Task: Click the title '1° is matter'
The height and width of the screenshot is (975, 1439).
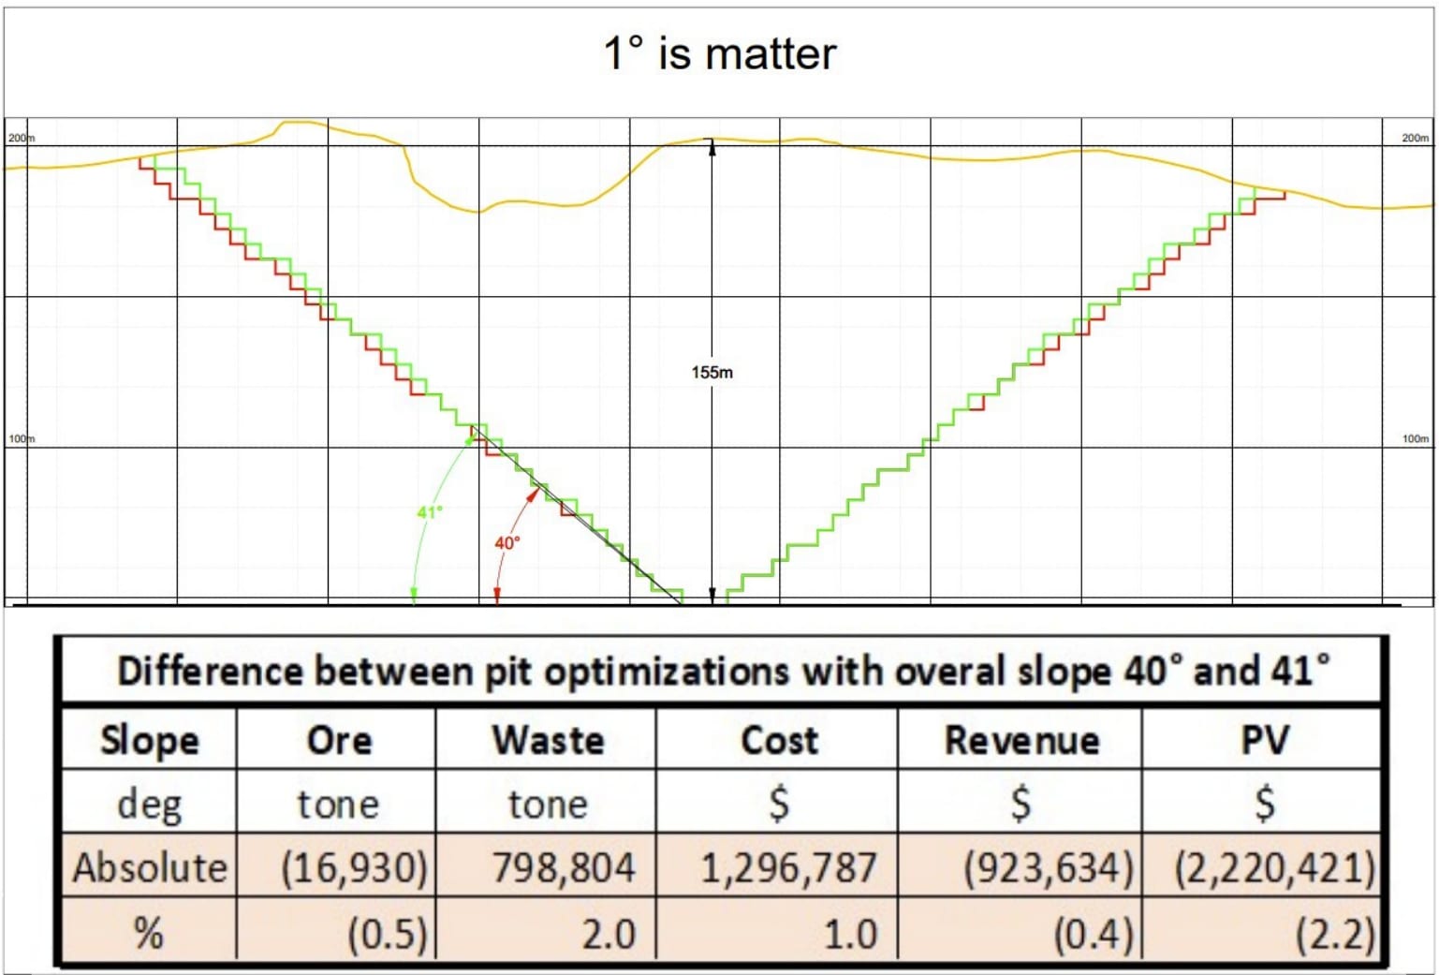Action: point(719,53)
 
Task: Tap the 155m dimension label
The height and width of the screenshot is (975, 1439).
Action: point(712,372)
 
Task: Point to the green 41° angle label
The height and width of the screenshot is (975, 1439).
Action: point(430,512)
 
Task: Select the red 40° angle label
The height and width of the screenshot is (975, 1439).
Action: point(507,543)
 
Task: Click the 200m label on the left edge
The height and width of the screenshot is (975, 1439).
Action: point(21,138)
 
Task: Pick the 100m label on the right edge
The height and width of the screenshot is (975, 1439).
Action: point(1415,438)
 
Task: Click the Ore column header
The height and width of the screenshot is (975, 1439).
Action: point(339,740)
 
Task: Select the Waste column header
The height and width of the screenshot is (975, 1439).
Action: point(548,740)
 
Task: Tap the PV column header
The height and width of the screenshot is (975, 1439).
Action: point(1264,740)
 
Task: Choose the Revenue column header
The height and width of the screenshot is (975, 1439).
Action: point(1021,740)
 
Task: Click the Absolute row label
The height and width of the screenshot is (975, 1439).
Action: point(150,867)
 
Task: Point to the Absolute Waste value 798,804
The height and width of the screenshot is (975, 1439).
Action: point(564,867)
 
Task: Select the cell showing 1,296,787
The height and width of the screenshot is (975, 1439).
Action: point(788,867)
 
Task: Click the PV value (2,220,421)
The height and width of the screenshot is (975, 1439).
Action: point(1274,867)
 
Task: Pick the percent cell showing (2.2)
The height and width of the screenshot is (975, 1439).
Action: point(1335,934)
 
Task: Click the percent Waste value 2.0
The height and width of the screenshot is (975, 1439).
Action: point(609,934)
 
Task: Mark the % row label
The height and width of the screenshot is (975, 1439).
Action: point(149,934)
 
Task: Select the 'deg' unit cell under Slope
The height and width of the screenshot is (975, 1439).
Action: point(149,804)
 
